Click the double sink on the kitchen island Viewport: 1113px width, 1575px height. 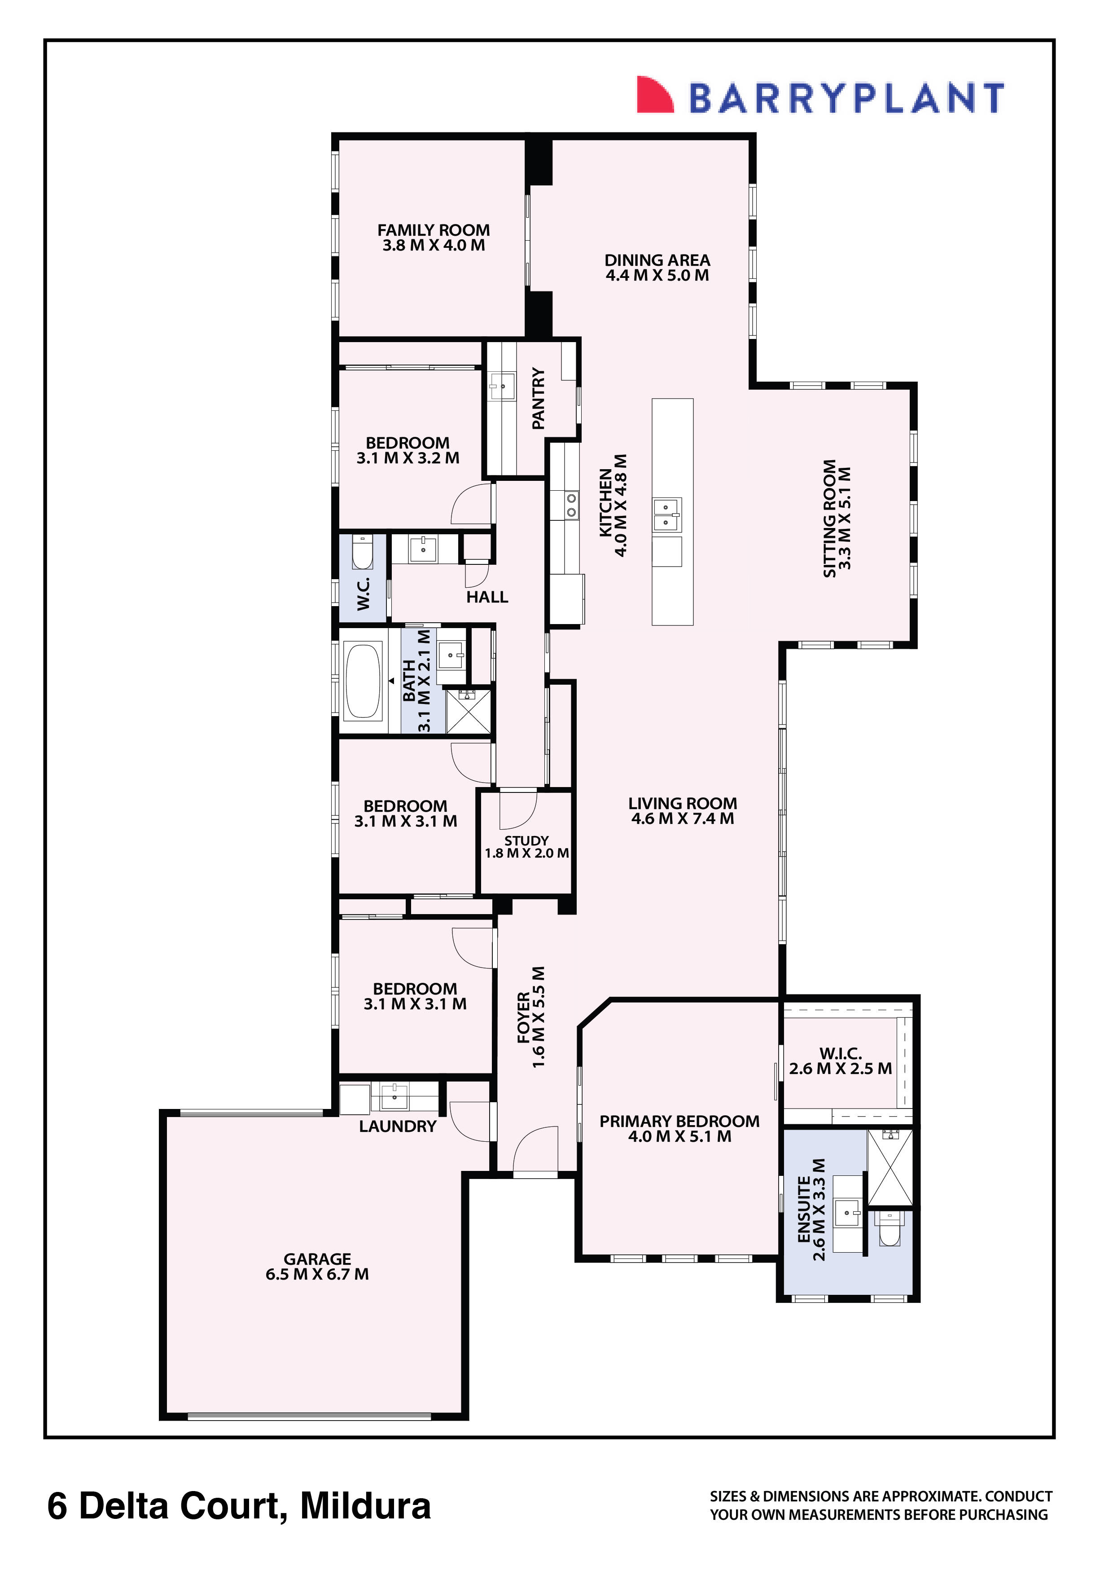pos(667,515)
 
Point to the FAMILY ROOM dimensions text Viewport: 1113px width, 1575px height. pos(434,246)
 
